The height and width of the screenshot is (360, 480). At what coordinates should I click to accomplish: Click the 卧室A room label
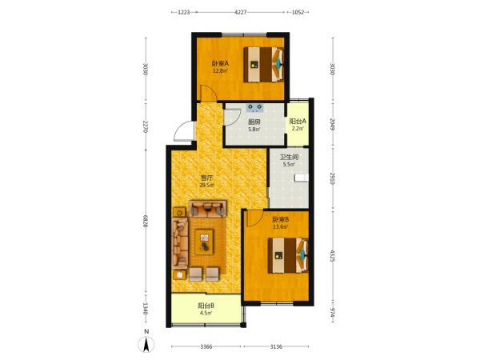click(x=221, y=64)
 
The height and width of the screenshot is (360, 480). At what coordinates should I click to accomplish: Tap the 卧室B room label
click(x=281, y=219)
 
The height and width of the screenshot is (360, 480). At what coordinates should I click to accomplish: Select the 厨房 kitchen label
click(x=254, y=122)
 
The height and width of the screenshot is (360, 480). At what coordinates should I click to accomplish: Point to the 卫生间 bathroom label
click(x=289, y=158)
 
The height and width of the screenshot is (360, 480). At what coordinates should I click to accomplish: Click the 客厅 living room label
click(x=206, y=178)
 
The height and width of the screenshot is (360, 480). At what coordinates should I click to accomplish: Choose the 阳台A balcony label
click(x=298, y=122)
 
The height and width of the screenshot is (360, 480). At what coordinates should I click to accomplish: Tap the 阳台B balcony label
click(x=206, y=306)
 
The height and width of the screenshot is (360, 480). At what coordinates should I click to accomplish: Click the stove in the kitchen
click(x=255, y=107)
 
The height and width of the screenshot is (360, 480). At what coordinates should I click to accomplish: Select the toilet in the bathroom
click(x=302, y=178)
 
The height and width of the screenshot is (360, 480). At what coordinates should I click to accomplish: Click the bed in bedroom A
click(x=263, y=64)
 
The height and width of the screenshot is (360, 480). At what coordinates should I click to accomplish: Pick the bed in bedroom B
click(x=288, y=255)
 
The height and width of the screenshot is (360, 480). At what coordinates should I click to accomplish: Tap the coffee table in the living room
click(x=204, y=242)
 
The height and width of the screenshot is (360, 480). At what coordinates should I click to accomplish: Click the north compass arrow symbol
click(x=146, y=344)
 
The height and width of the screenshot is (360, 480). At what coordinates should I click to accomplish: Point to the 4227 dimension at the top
click(x=240, y=12)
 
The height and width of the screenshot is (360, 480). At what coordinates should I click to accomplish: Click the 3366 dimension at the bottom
click(x=206, y=346)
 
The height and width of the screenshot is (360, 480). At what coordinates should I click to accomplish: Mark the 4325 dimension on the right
click(x=333, y=256)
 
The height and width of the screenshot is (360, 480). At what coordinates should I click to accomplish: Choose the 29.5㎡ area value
click(x=207, y=186)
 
